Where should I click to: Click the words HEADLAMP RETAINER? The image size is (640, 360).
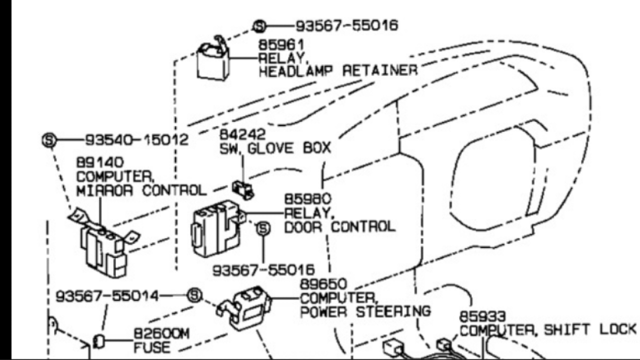tap(338, 70)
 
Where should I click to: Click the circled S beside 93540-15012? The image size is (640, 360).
tap(49, 140)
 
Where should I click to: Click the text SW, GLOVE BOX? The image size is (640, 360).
tap(275, 148)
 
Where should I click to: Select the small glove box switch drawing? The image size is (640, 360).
tap(243, 190)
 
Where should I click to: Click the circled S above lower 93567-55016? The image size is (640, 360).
tap(263, 229)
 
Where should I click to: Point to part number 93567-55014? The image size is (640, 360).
tap(107, 295)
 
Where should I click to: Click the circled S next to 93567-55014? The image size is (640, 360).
tap(194, 295)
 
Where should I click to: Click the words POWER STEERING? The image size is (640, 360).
tap(365, 311)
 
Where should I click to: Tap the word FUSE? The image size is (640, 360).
tap(152, 347)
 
